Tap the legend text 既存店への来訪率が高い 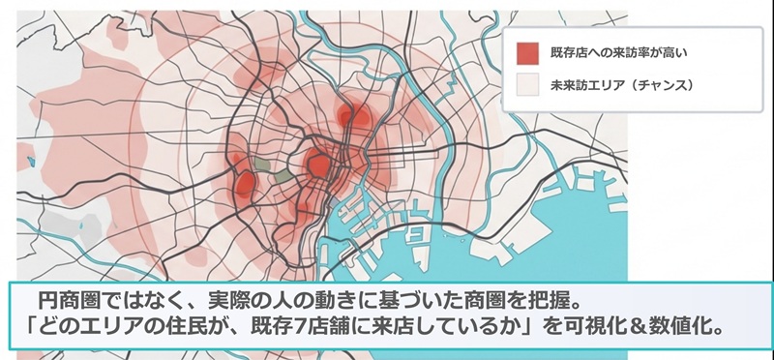606,51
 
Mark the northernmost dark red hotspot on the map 354,116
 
